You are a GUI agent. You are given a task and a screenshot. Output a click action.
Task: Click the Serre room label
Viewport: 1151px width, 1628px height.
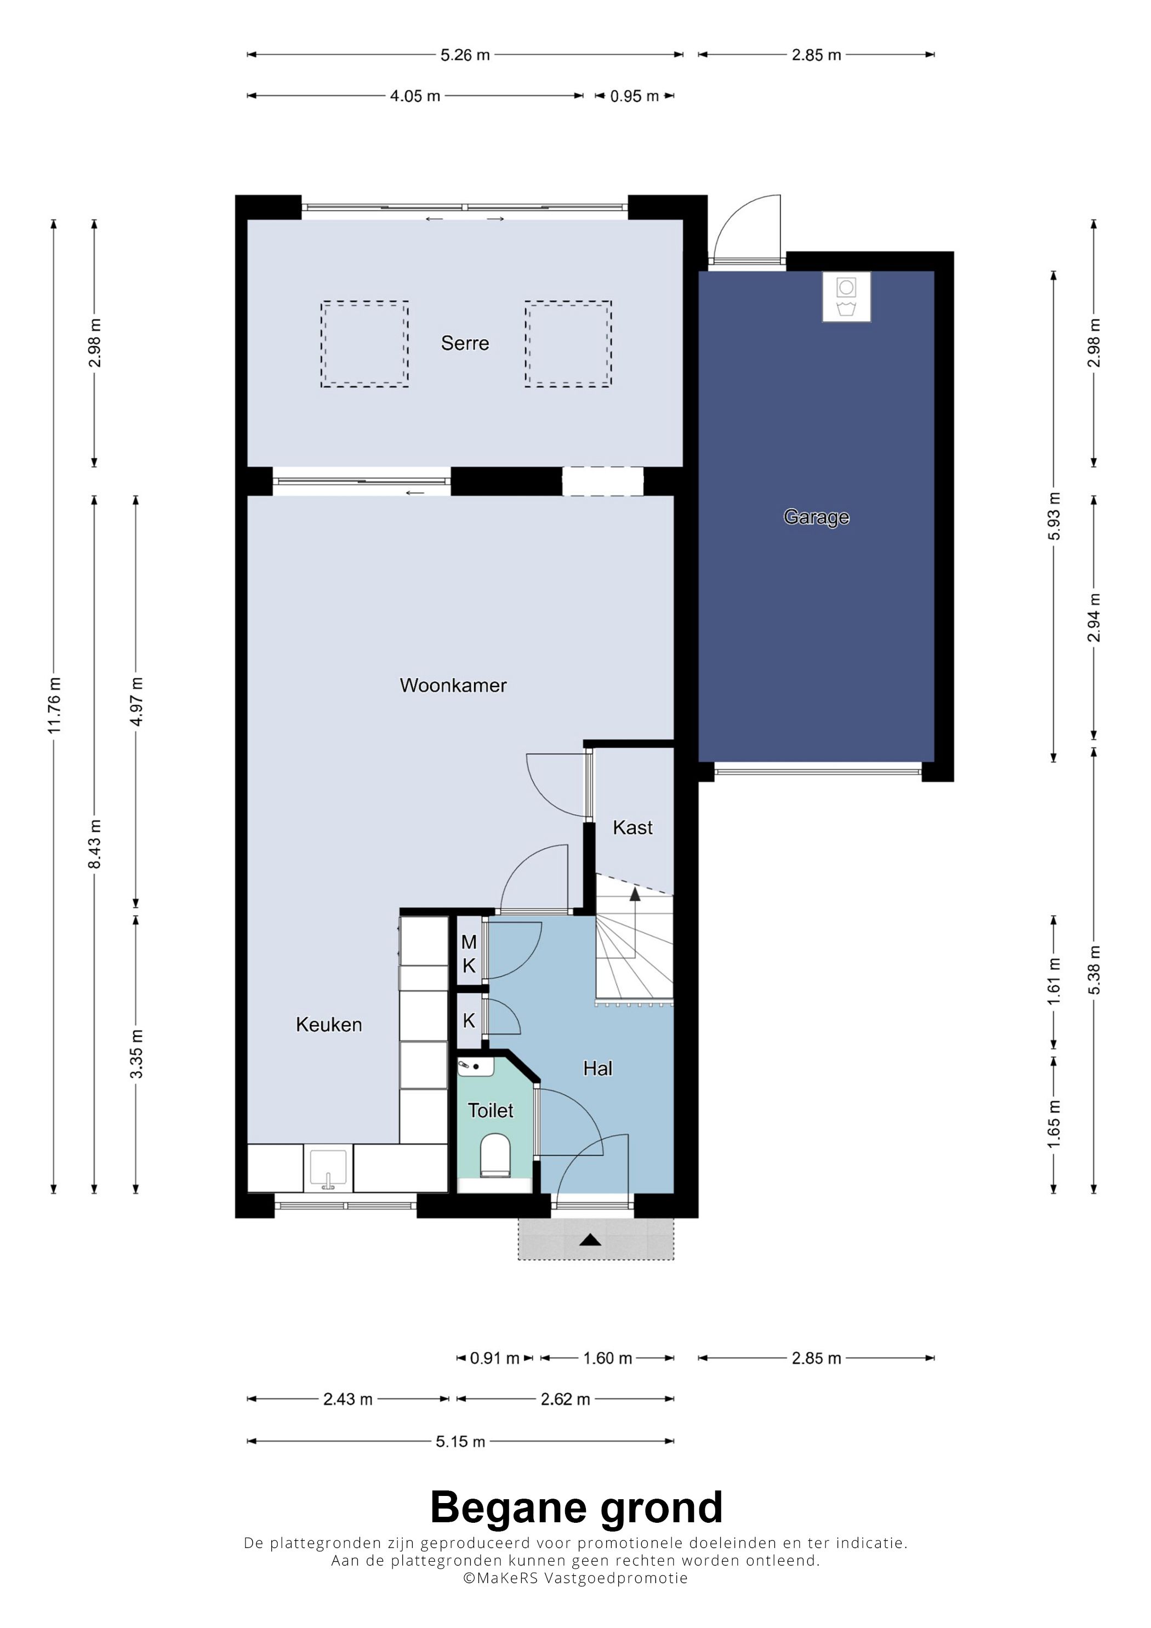[465, 343]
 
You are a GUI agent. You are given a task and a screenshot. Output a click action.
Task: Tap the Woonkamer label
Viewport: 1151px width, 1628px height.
[453, 685]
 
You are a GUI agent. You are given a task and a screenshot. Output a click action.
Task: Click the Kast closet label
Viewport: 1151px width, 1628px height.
[633, 827]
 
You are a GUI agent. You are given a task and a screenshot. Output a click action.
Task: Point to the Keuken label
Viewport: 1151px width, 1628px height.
[329, 1024]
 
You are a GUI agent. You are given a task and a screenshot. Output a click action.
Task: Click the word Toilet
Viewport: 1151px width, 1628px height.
[491, 1110]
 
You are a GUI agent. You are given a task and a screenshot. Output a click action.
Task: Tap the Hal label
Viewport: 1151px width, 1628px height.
[598, 1068]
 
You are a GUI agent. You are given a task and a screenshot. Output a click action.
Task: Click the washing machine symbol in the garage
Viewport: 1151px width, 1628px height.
[847, 297]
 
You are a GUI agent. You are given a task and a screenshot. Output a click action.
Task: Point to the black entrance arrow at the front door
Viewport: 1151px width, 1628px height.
[591, 1239]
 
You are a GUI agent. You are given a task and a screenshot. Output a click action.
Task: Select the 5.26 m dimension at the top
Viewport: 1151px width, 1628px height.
[465, 55]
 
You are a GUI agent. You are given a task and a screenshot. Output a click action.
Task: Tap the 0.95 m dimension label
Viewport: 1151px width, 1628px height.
[635, 96]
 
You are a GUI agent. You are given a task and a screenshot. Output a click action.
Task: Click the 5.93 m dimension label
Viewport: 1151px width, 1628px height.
[1054, 516]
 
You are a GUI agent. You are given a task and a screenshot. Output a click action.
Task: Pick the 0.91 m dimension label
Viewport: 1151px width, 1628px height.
[494, 1358]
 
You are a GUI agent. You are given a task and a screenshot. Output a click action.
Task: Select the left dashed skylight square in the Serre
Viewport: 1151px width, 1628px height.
[364, 344]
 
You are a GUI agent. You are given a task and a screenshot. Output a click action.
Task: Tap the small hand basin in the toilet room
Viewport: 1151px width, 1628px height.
[475, 1066]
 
